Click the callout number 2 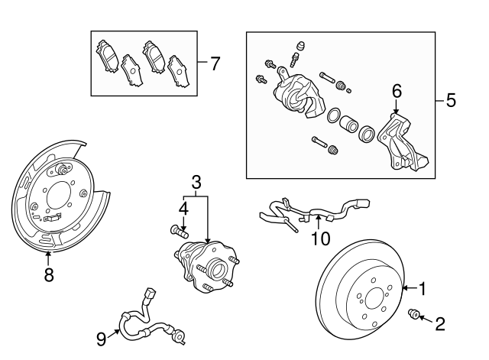coord(439,323)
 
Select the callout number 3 coord(196,182)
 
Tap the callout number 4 coord(183,208)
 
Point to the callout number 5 coord(451,100)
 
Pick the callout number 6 coord(396,92)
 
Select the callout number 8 coord(49,275)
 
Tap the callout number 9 coord(102,338)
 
